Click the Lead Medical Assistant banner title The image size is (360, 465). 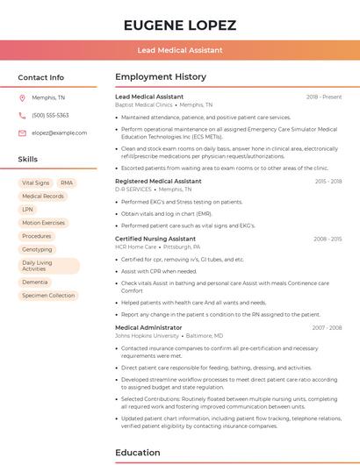(179, 50)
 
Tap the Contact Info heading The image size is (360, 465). (40, 77)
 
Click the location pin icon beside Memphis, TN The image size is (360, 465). (22, 97)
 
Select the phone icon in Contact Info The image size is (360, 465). (22, 115)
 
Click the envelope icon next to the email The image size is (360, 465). (22, 132)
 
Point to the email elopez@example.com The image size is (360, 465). (54, 132)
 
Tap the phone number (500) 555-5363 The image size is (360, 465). (50, 115)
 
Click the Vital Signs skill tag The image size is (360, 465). (35, 182)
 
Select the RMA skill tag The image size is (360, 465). (67, 182)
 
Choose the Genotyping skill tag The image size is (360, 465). (37, 249)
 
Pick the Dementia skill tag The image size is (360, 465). (35, 282)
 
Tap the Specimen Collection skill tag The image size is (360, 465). (48, 296)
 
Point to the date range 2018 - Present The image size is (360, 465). (324, 97)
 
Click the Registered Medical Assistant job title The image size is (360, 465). (158, 181)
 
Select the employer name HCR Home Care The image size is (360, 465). (135, 247)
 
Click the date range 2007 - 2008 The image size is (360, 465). (327, 327)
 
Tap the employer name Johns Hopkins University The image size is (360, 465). (147, 335)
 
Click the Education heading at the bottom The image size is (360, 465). (138, 453)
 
